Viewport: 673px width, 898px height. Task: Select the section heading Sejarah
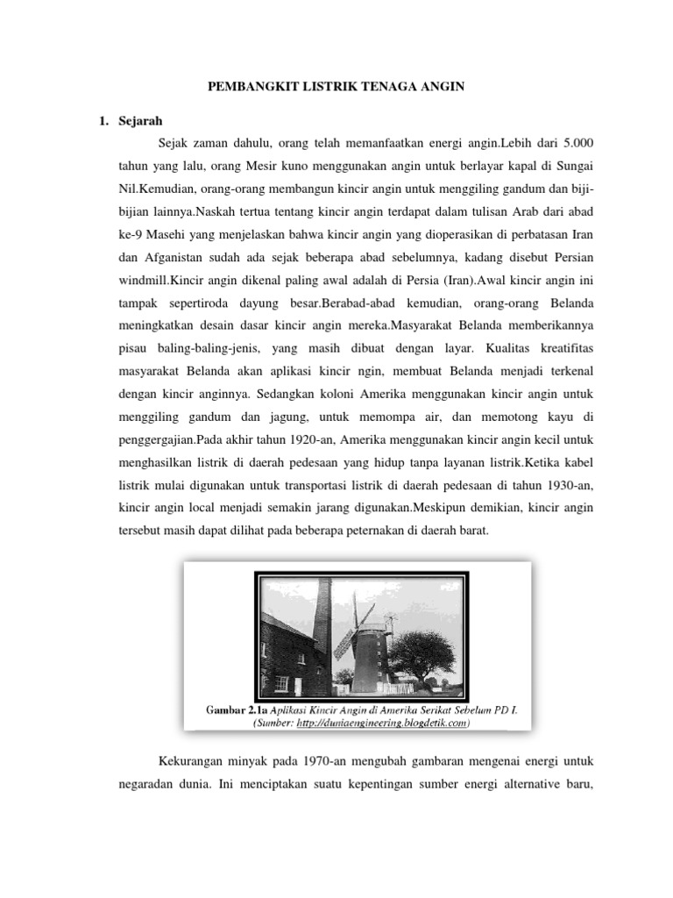point(139,120)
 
